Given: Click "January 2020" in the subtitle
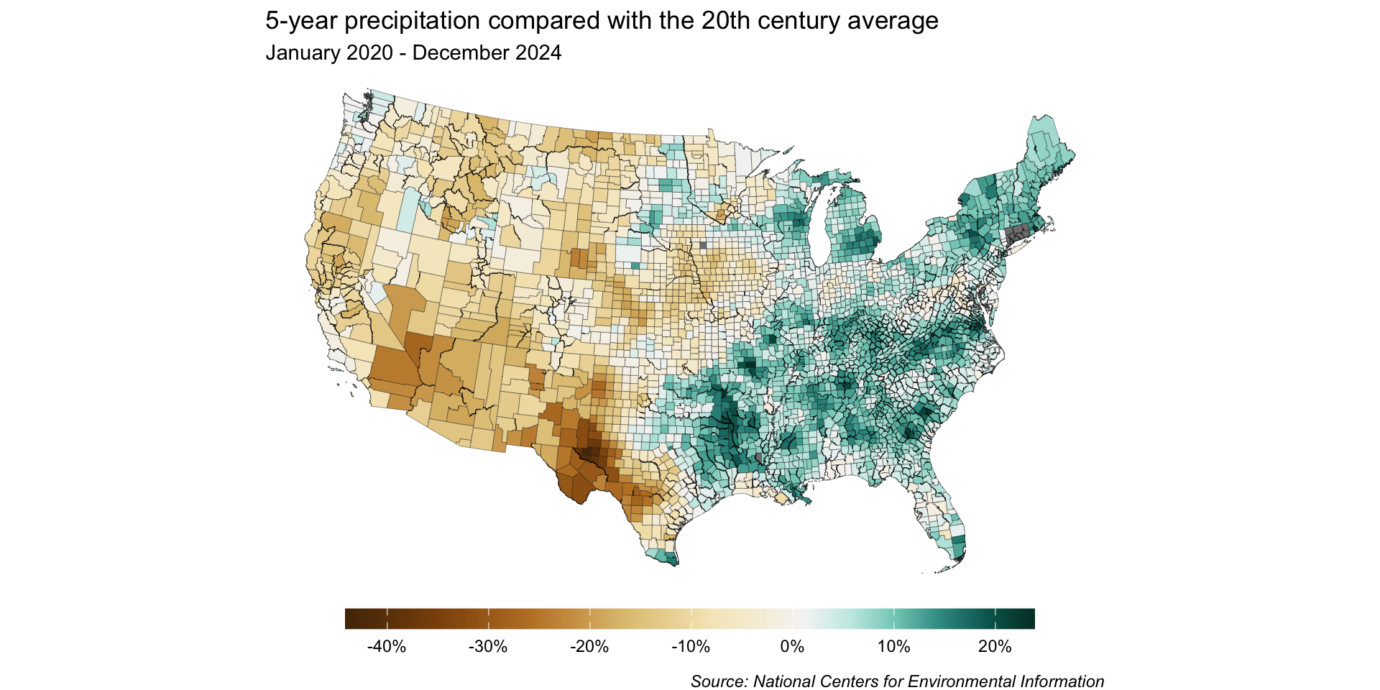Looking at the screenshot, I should [329, 53].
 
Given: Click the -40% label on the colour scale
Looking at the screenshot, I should [387, 647].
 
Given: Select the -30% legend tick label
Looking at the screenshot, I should [488, 647].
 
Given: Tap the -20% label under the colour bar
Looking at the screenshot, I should [589, 647].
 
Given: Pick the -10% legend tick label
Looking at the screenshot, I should [691, 647].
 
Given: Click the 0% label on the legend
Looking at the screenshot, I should [792, 647].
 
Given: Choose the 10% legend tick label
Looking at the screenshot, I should [893, 647].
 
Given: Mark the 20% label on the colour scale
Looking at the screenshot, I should [995, 647].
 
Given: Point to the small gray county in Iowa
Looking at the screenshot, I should [703, 245].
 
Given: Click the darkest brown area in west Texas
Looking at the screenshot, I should [589, 454].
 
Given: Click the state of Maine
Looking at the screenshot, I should [1046, 155].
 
